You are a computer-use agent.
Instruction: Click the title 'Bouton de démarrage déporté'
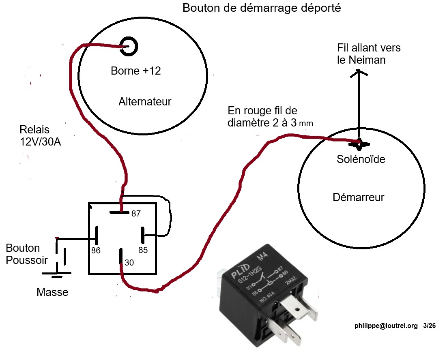click(262, 8)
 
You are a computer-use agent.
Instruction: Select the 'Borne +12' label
click(135, 71)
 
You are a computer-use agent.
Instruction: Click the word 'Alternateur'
click(145, 102)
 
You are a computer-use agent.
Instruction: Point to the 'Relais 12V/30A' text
click(40, 136)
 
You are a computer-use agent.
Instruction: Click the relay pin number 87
click(136, 213)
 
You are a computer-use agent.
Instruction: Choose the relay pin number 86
click(96, 251)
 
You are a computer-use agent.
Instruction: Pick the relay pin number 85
click(143, 250)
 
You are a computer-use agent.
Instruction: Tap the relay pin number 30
click(129, 263)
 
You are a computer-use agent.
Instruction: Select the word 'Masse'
click(52, 292)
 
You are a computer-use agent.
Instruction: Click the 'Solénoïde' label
click(361, 159)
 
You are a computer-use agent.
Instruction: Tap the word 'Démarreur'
click(358, 197)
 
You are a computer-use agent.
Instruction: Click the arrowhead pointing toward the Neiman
click(358, 73)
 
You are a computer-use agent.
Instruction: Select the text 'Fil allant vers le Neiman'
click(369, 54)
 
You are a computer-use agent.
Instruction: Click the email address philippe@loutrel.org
click(386, 326)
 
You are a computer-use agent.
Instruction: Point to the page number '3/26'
click(429, 326)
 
